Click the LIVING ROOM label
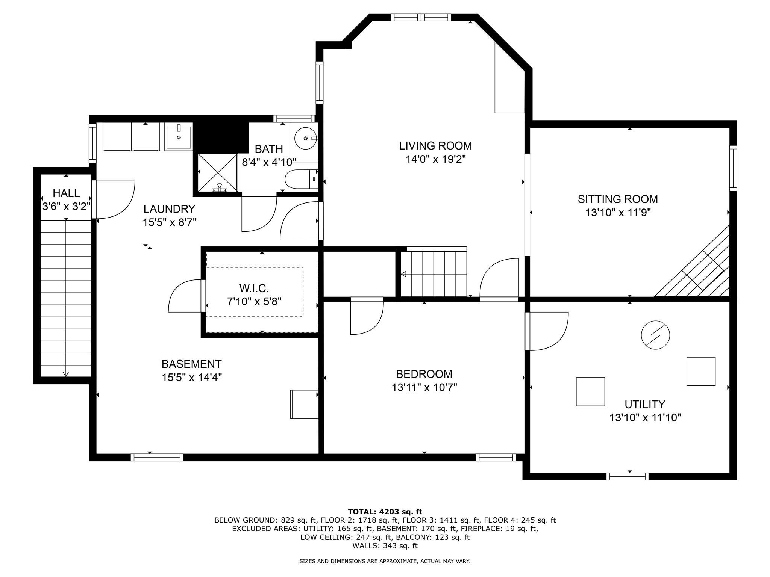435,145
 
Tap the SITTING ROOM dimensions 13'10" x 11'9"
618,213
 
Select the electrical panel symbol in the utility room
655,335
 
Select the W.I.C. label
254,288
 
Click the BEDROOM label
424,374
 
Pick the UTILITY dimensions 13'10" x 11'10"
645,418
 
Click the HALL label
66,193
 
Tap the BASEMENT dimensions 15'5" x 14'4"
192,377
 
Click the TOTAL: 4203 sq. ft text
385,512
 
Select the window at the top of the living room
421,17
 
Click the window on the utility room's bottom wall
628,476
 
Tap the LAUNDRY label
169,208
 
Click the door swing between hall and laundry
113,199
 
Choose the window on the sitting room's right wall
733,168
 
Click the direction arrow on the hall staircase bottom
66,374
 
